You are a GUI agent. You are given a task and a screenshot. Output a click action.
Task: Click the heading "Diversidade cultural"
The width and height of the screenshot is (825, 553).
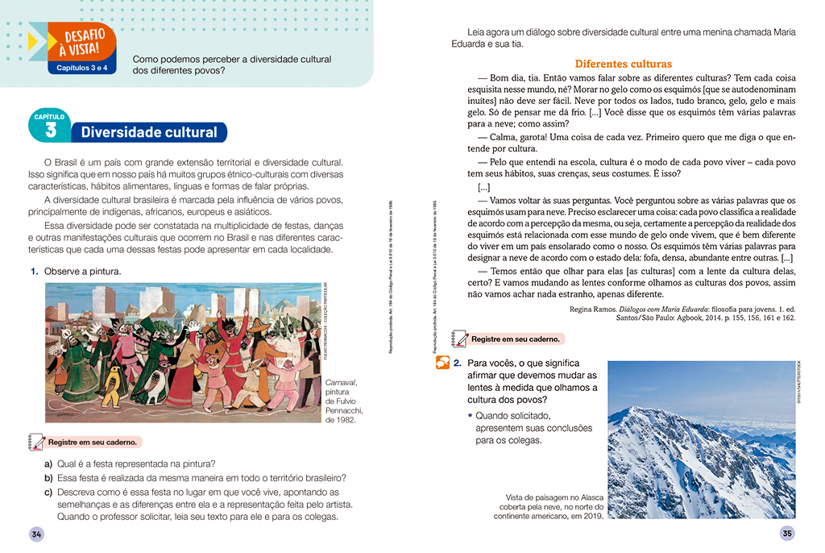click(149, 132)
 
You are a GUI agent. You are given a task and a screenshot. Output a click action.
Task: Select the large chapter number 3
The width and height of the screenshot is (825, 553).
click(51, 131)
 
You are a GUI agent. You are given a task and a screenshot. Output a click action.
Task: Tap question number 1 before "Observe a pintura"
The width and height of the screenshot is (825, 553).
click(35, 272)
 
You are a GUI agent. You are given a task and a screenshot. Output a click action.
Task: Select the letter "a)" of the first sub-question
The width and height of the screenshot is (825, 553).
click(49, 464)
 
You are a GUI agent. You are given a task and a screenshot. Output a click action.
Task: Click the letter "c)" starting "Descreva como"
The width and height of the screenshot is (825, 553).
click(49, 492)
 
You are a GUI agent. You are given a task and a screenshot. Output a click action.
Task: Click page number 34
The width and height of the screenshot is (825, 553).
click(36, 534)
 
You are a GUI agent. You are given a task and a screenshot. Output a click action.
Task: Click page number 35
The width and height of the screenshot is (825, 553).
click(787, 533)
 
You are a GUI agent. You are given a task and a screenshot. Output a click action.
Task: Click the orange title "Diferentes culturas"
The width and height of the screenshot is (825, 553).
click(623, 64)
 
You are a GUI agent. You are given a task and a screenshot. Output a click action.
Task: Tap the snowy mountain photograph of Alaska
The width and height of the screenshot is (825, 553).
click(701, 439)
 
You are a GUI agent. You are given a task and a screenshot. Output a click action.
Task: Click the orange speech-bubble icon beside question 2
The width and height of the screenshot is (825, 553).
click(442, 364)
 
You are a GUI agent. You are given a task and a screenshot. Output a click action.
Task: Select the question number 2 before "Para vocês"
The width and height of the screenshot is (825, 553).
click(457, 364)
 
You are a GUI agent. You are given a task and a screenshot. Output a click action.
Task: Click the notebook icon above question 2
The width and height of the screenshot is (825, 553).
click(459, 338)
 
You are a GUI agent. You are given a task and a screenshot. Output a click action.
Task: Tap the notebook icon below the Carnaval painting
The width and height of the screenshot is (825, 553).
click(36, 442)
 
